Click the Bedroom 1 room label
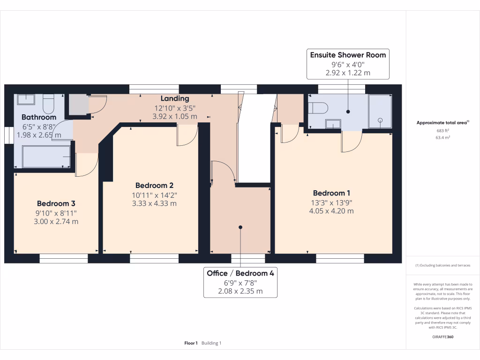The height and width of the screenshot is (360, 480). [x=332, y=193]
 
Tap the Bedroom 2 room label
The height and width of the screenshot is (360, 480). [x=154, y=185]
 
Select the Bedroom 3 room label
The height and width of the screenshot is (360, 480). [x=56, y=203]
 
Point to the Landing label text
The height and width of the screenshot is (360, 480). [x=175, y=98]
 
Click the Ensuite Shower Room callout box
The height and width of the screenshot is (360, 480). [x=348, y=63]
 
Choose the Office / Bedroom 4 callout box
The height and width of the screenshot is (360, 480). [x=240, y=282]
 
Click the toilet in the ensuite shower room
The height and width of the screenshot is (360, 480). [x=317, y=108]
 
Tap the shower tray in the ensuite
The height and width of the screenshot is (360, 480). [x=380, y=111]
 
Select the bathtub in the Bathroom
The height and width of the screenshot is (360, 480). [x=46, y=156]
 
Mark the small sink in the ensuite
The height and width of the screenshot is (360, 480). [x=333, y=124]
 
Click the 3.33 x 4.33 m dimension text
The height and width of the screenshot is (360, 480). [x=154, y=203]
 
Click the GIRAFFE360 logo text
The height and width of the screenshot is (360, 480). [x=443, y=337]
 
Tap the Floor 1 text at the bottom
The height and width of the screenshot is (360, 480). [x=191, y=343]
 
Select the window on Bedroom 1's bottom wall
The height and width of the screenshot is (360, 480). [x=341, y=258]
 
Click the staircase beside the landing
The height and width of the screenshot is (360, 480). [x=255, y=138]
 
